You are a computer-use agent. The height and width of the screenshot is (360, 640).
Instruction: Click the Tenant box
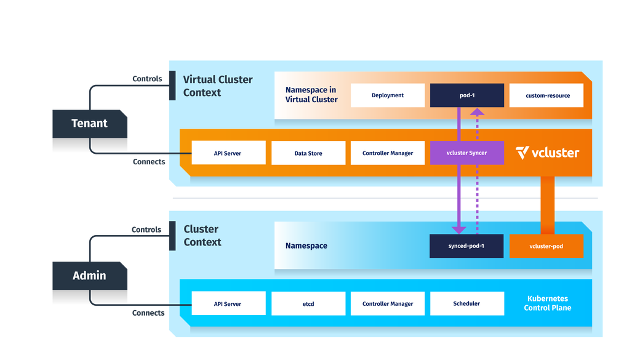pyautogui.click(x=89, y=124)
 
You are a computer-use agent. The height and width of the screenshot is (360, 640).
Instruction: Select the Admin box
pyautogui.click(x=89, y=276)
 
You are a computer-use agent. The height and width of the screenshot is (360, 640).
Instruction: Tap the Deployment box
pyautogui.click(x=388, y=95)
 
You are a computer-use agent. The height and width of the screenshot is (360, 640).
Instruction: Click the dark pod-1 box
pyautogui.click(x=467, y=95)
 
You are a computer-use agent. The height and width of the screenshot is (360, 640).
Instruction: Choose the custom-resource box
pyautogui.click(x=546, y=95)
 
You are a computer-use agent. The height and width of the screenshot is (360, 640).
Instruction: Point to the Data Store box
pyautogui.click(x=308, y=153)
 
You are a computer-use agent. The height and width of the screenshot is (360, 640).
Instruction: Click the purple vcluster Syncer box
pyautogui.click(x=467, y=153)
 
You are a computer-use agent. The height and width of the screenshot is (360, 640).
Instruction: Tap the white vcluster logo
pyautogui.click(x=547, y=153)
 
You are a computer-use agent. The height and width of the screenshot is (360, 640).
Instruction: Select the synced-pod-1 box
pyautogui.click(x=466, y=246)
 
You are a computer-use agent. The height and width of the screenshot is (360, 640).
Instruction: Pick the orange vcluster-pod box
pyautogui.click(x=546, y=246)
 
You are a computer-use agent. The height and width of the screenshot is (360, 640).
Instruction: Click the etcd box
pyautogui.click(x=308, y=303)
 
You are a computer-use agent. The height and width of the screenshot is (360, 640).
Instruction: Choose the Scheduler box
pyautogui.click(x=466, y=303)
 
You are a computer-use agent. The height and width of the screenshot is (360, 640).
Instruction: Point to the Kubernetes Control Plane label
pyautogui.click(x=547, y=303)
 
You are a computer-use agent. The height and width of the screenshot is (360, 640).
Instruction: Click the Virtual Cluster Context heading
pyautogui.click(x=218, y=86)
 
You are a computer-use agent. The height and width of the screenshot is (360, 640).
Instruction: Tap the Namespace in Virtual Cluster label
pyautogui.click(x=311, y=95)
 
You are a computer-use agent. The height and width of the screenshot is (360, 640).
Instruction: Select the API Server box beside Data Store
pyautogui.click(x=228, y=153)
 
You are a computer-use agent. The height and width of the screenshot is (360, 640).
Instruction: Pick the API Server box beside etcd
pyautogui.click(x=228, y=303)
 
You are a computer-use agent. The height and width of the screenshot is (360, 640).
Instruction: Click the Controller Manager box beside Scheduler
pyautogui.click(x=388, y=303)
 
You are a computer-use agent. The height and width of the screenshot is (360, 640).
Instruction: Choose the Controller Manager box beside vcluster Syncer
pyautogui.click(x=388, y=153)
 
